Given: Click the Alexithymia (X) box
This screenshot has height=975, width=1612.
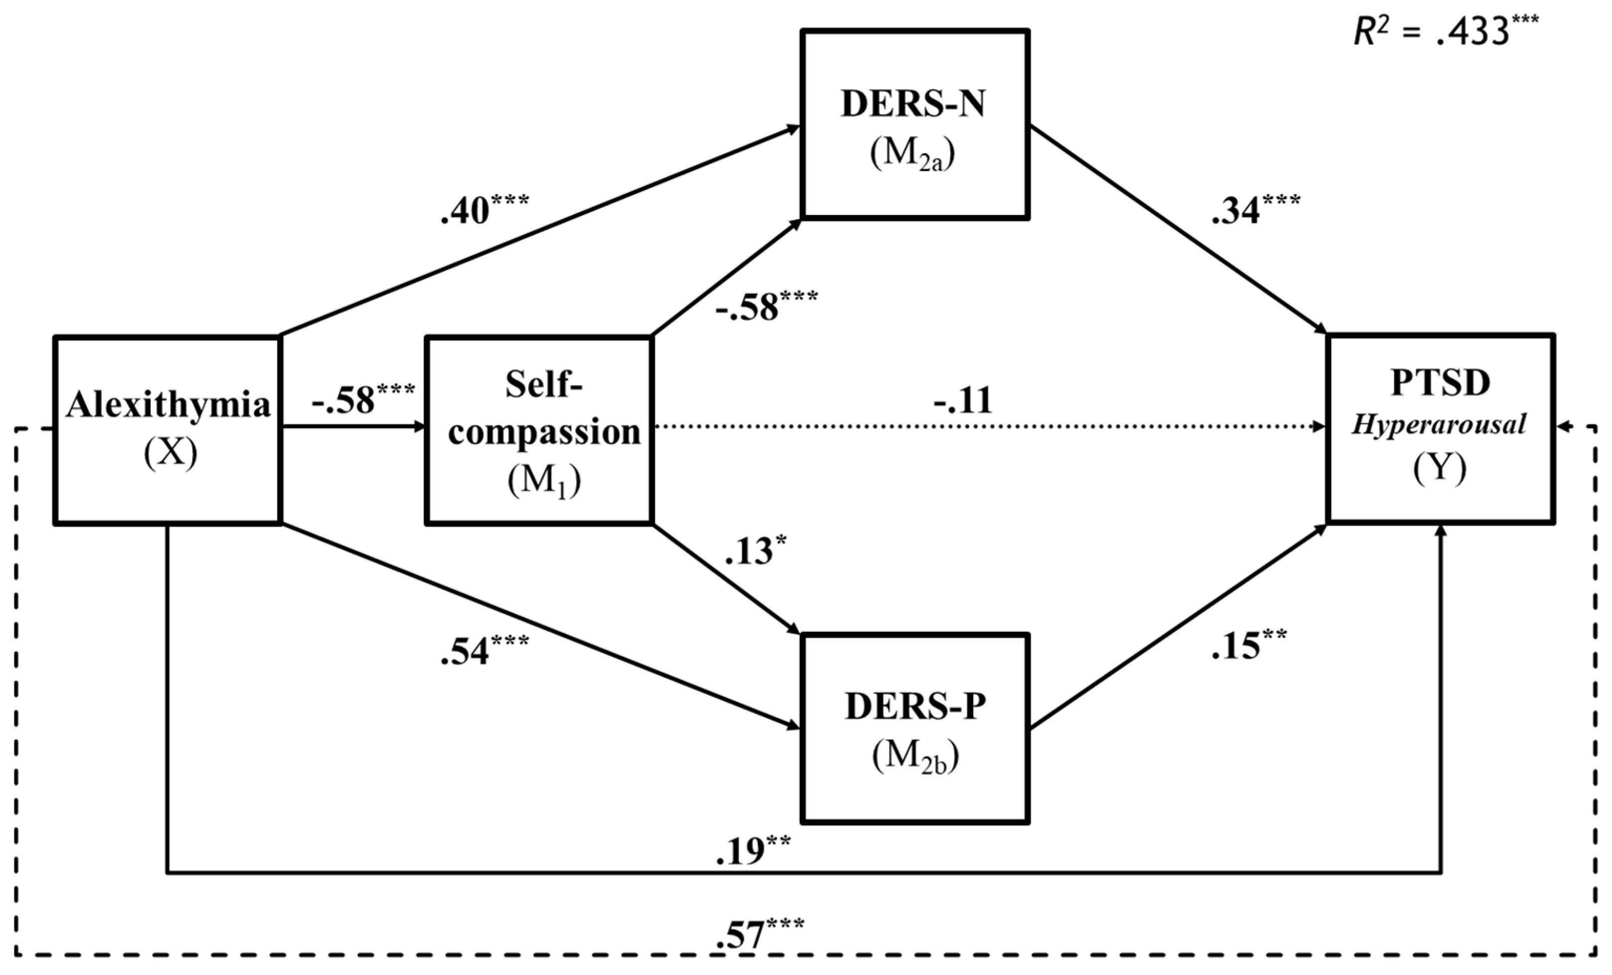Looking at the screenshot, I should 167,430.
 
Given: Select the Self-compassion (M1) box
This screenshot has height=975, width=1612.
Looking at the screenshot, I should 539,430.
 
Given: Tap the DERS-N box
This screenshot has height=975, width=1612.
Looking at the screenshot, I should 915,124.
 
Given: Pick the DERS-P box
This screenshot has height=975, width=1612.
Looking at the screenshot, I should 915,728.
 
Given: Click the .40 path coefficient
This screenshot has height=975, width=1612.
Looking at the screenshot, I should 484,209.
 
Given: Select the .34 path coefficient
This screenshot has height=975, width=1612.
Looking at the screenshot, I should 1255,209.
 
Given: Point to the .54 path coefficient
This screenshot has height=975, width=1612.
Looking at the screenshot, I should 484,650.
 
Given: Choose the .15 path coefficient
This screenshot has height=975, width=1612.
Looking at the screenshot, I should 1248,644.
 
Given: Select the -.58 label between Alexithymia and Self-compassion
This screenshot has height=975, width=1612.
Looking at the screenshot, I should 362,398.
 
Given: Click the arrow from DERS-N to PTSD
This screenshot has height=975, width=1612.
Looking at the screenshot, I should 1177,229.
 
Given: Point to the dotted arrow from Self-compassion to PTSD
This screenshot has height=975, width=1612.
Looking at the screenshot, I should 981,427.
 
